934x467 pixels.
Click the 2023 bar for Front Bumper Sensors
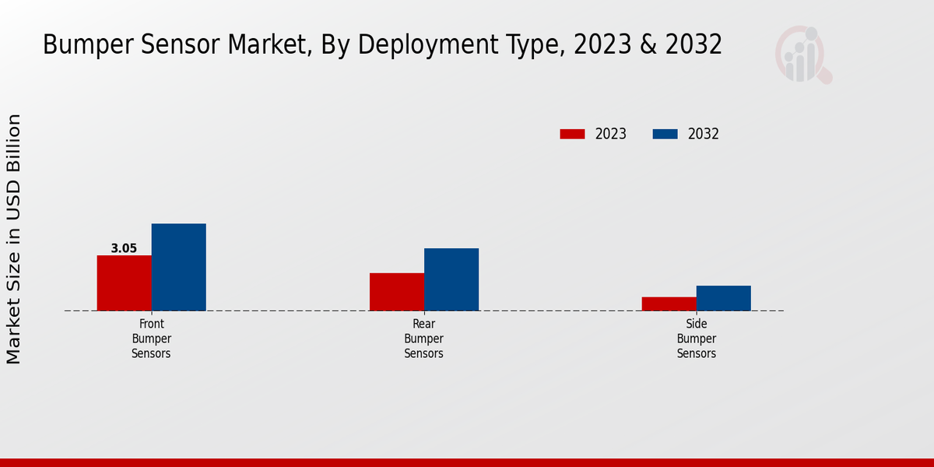124,283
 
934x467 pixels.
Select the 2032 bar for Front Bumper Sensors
178,267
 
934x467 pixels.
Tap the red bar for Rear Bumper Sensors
397,292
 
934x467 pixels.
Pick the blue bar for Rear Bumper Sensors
451,279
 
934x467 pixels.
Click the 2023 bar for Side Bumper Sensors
669,304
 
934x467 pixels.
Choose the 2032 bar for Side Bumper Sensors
723,298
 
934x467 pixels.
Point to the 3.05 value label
124,249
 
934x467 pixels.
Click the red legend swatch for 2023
572,134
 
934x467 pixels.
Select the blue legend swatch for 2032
665,134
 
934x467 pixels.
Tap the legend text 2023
611,134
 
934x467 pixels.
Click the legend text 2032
704,134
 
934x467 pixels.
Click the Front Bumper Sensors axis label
151,339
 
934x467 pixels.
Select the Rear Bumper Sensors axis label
423,339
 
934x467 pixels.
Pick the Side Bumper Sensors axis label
696,339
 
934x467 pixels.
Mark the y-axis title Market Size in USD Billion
14,239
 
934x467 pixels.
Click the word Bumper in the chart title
86,45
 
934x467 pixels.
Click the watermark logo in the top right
802,54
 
